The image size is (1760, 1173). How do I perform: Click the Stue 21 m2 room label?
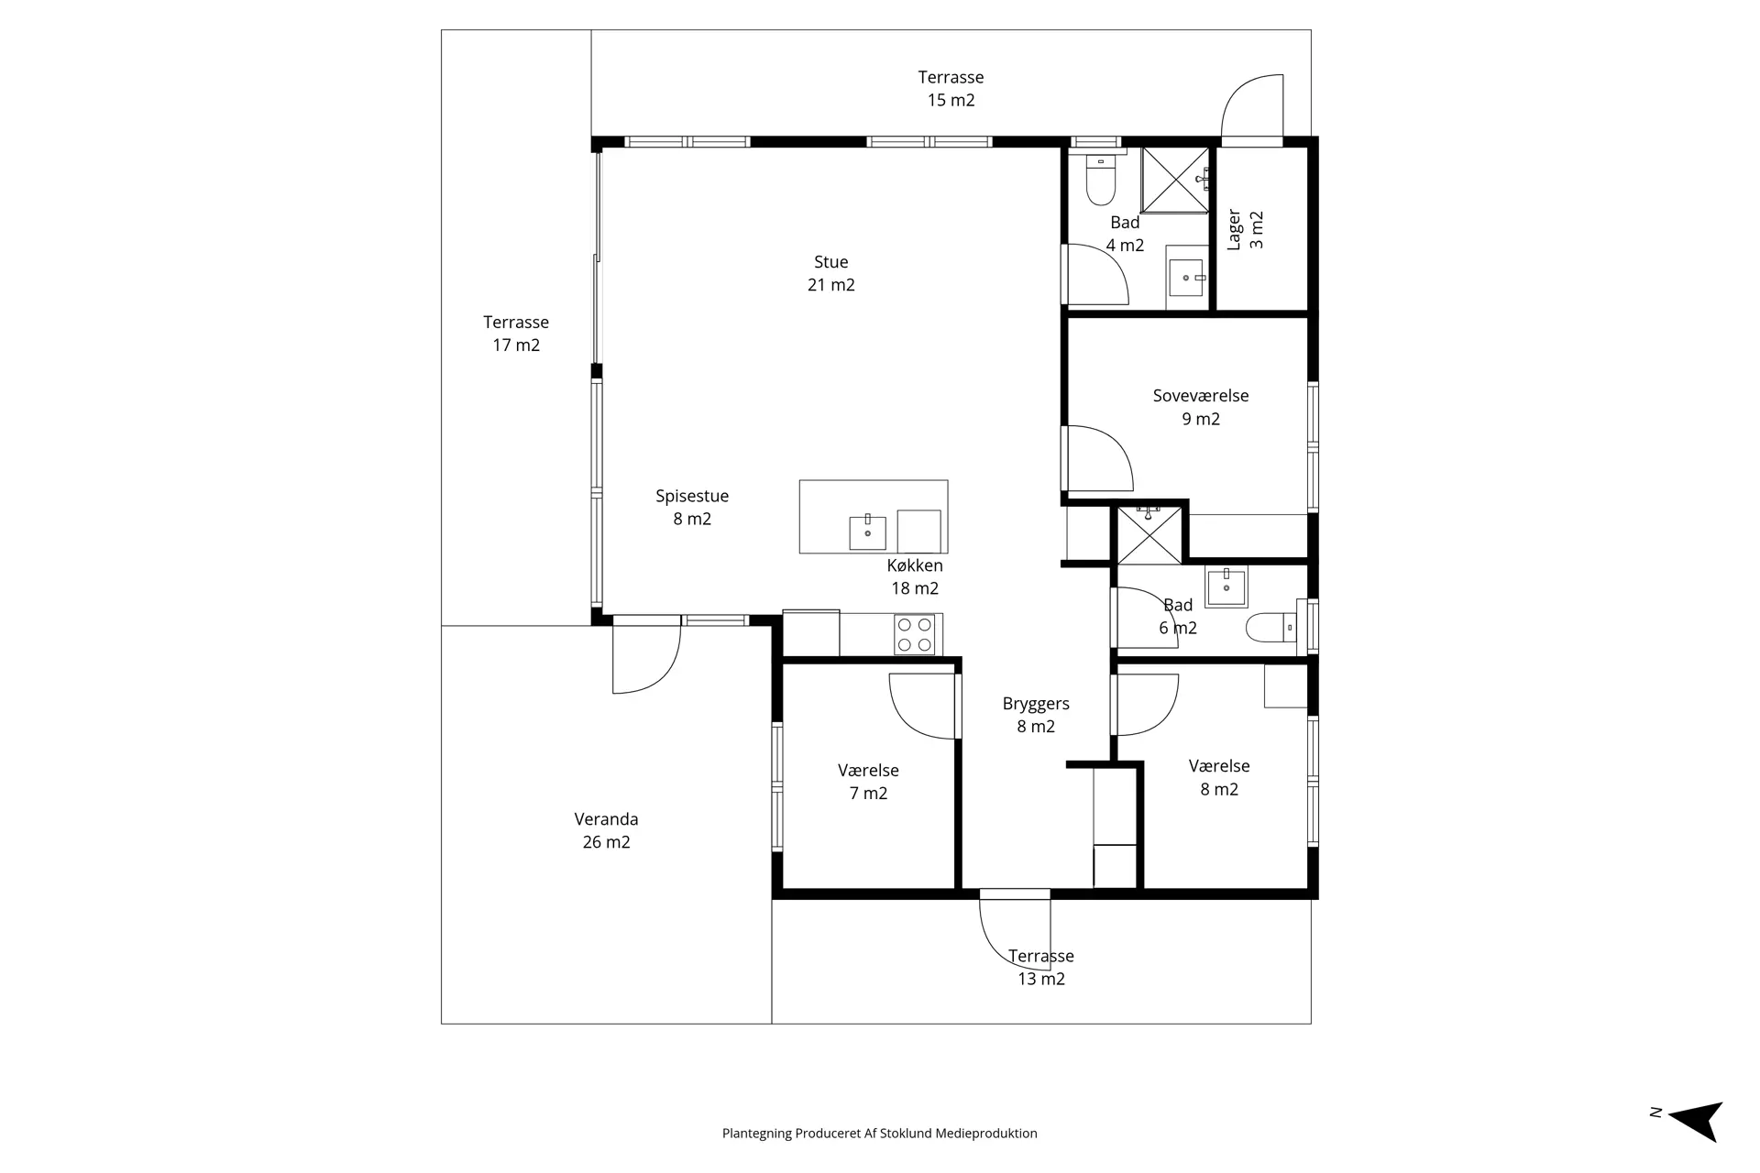point(831,273)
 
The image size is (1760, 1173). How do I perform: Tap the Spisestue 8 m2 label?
point(692,508)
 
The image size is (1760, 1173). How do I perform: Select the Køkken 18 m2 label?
point(915,577)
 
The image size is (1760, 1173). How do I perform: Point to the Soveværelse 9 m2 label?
point(1201,407)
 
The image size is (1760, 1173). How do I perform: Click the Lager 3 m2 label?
point(1246,230)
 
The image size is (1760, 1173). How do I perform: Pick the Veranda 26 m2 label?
point(606,830)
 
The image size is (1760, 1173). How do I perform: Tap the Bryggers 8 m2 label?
point(1036,715)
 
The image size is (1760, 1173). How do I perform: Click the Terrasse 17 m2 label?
point(516,334)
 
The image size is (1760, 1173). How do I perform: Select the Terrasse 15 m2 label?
point(951,89)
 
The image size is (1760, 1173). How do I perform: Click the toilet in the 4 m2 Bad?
point(1100,181)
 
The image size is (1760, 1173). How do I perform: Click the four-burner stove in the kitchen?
point(916,634)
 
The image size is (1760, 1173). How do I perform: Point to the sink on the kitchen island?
point(867,532)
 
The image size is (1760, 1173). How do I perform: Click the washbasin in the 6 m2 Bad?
point(1226,586)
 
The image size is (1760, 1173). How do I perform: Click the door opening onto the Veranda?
point(647,654)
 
